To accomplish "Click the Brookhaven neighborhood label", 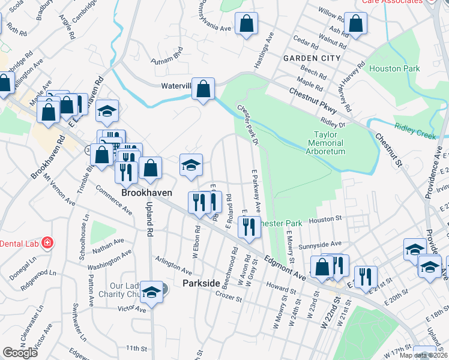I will [x=147, y=193].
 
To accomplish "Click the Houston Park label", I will [x=394, y=68].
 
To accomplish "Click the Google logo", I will [x=20, y=353].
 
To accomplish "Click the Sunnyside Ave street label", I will [x=321, y=244].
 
